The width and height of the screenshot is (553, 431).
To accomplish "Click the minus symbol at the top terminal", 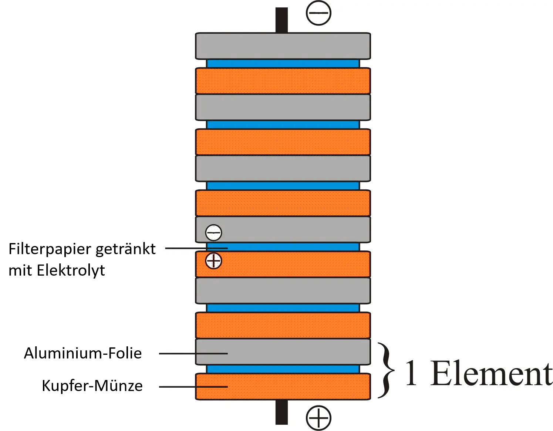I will pyautogui.click(x=318, y=13).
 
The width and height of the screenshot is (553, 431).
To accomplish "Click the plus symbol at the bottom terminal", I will pyautogui.click(x=318, y=418).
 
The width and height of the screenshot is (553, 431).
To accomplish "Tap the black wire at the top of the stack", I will pyautogui.click(x=281, y=20).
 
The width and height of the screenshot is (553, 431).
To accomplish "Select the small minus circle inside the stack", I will pyautogui.click(x=213, y=232).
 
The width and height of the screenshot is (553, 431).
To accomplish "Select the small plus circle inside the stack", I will pyautogui.click(x=213, y=261).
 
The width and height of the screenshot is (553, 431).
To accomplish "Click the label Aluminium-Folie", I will pyautogui.click(x=83, y=353).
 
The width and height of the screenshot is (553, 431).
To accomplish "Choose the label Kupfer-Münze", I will pyautogui.click(x=92, y=386).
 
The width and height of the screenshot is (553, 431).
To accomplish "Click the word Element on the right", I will pyautogui.click(x=491, y=374).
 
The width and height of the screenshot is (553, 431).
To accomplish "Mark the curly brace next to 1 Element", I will pyautogui.click(x=385, y=370).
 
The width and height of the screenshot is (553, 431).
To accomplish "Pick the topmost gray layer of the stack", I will pyautogui.click(x=283, y=46).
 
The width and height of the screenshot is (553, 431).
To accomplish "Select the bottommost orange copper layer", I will pyautogui.click(x=283, y=387).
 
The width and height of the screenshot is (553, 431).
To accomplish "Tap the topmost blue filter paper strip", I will pyautogui.click(x=283, y=64).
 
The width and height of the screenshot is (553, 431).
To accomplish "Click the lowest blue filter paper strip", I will pyautogui.click(x=283, y=369).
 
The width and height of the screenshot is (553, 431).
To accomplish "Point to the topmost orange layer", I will pyautogui.click(x=283, y=81).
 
